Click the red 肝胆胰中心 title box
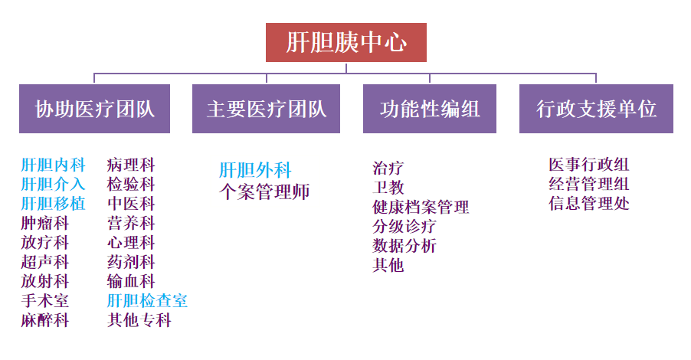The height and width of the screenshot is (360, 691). pos(345,42)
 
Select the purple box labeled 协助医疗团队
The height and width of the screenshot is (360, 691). pos(95,109)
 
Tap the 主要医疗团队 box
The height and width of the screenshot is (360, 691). pos(266,109)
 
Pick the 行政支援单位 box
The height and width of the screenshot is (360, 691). pos(596,109)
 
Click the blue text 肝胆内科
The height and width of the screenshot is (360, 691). pos(54,165)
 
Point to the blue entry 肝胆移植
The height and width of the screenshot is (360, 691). pos(54,204)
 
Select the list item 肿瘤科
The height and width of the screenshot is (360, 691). pos(45,224)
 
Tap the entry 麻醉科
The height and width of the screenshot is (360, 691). pos(45,321)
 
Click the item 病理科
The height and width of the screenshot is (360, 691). pos(131,165)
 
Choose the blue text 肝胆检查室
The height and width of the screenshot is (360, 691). pos(147,301)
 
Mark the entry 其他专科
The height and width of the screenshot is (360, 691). pos(139,321)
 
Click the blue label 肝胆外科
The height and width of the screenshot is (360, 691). pos(255,170)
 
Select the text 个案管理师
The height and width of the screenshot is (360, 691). pos(264,191)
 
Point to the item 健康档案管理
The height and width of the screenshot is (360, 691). pos(421,207)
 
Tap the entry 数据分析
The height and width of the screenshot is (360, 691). pos(404,246)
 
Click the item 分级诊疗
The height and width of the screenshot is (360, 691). pos(404,227)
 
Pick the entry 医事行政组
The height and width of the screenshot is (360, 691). pos(589,165)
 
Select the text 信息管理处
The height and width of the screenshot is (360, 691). pos(589,204)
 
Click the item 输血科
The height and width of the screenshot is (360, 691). pos(131,282)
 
